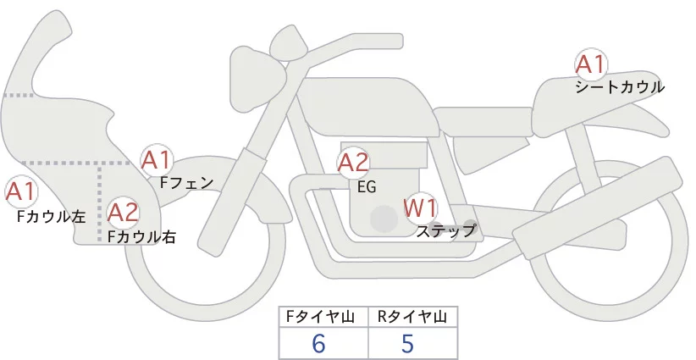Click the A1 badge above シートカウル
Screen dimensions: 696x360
590,65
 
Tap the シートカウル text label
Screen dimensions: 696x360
620,86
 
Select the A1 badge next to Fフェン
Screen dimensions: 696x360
157,159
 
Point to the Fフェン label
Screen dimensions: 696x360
186,181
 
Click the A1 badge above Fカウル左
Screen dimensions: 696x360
20,192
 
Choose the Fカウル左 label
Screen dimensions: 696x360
51,217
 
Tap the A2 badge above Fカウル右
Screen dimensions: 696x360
123,212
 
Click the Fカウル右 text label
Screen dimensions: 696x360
141,237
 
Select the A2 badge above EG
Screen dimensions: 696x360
353,163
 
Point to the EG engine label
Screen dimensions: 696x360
367,187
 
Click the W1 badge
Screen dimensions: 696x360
420,207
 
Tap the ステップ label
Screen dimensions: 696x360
446,229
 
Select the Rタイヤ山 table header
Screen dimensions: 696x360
412,317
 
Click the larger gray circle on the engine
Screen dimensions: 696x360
384,219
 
